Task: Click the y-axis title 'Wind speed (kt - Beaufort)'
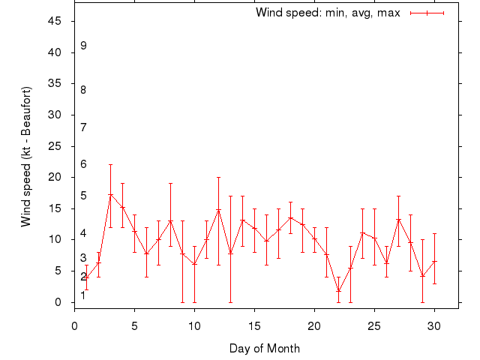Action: (x=25, y=156)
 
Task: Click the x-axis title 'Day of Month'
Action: (x=265, y=348)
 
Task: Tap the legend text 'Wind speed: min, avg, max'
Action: (x=328, y=13)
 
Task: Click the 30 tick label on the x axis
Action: (x=434, y=326)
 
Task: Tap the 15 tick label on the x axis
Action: (x=254, y=326)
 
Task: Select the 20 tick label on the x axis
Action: (x=314, y=326)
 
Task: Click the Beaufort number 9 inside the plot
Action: (x=84, y=46)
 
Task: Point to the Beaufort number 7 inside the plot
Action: (x=84, y=127)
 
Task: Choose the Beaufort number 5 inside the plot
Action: (x=84, y=196)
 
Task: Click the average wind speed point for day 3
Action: (x=110, y=195)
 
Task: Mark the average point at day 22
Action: (x=338, y=291)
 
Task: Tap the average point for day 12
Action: (x=218, y=210)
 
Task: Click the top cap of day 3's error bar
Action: (x=110, y=164)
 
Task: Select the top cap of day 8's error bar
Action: (x=170, y=183)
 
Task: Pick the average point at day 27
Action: (x=398, y=220)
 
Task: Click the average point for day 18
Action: (x=290, y=218)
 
